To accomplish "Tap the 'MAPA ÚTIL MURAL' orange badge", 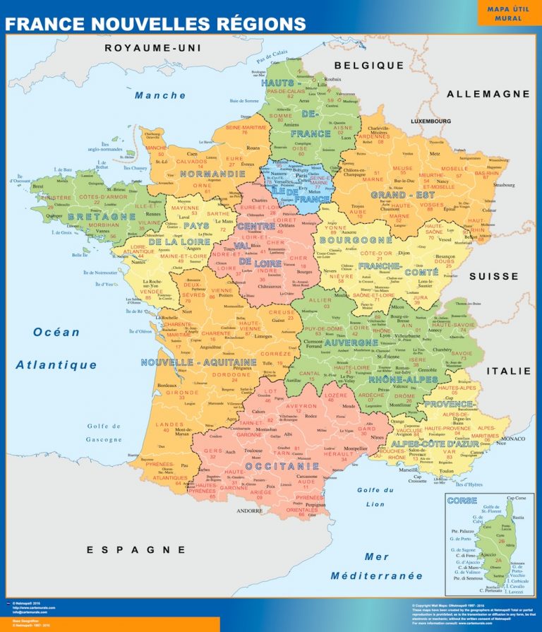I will [509, 13].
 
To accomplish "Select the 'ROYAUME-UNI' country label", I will [153, 48].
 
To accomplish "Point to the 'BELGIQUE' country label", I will [369, 65].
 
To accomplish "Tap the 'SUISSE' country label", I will [494, 276].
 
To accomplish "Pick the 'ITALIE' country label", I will [508, 371].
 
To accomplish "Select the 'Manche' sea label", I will [160, 95].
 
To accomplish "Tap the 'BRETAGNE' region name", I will [101, 216].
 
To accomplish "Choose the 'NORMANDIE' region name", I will [212, 173].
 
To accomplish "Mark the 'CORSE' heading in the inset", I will [462, 501].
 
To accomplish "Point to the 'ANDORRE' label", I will [249, 510].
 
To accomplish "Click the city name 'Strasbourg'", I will [504, 185].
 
